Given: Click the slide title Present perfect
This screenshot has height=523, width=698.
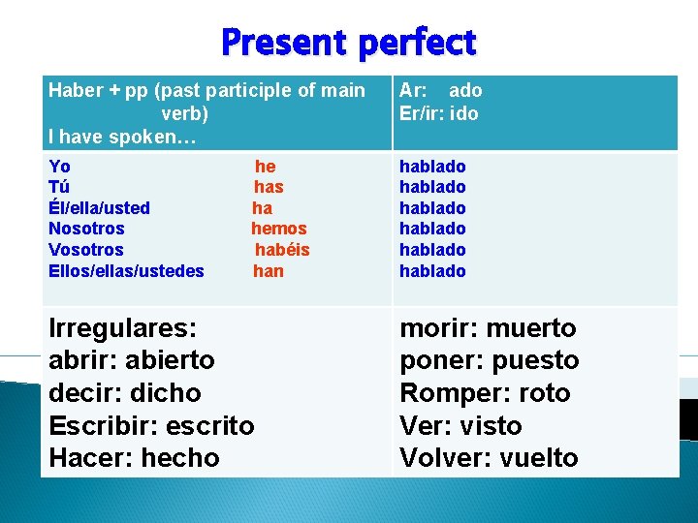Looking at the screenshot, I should click(x=348, y=43).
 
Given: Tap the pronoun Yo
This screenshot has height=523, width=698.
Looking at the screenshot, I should click(x=59, y=167).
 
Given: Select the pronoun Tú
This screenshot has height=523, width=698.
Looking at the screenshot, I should click(x=59, y=187).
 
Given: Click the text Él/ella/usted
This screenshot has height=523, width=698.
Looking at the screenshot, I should click(x=99, y=208).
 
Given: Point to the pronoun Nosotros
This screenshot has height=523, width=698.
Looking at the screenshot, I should click(x=86, y=229).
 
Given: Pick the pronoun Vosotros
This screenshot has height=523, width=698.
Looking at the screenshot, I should click(x=86, y=250).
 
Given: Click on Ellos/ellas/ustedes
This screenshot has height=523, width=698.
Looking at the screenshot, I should click(x=126, y=271).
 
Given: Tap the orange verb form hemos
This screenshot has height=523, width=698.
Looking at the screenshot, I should click(x=278, y=229).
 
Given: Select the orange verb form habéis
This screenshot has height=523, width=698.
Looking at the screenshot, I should click(x=282, y=250).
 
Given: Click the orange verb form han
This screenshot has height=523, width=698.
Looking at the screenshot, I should click(x=269, y=271).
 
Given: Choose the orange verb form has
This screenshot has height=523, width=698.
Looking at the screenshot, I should click(x=269, y=187).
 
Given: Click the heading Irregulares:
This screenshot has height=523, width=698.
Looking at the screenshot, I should click(x=122, y=327).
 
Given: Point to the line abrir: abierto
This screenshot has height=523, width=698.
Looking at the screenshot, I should click(x=132, y=360).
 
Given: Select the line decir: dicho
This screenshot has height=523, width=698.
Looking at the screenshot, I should click(x=124, y=393).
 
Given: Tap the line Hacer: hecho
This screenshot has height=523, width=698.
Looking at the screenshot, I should click(x=134, y=458).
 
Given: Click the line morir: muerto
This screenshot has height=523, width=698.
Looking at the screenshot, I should click(x=488, y=328).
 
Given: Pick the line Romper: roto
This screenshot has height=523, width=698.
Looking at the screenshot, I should click(x=485, y=393).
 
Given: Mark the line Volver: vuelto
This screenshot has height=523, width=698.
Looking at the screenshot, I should click(x=489, y=458).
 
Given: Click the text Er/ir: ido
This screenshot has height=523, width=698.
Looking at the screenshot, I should click(x=438, y=113).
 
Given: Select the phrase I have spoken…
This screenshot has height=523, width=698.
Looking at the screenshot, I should click(x=122, y=137).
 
